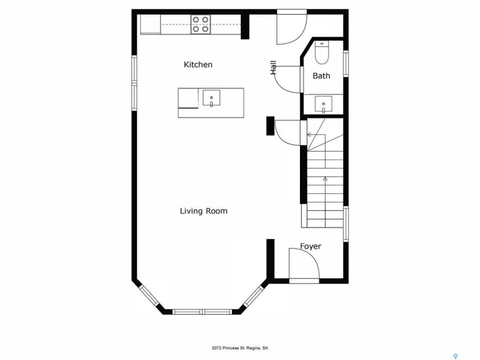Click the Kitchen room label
pos(198,64)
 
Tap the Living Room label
pos(203,211)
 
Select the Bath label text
pos(321,75)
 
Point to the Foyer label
pos(310,246)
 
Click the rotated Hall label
pos(273,67)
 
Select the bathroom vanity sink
pos(323,104)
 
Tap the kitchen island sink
pos(211,98)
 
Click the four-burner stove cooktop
pos(200,24)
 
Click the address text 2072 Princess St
pos(239,348)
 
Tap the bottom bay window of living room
pos(201,312)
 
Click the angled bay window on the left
pos(149,295)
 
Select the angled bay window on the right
pos(253,296)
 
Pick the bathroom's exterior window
pos(345,63)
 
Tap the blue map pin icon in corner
pos(455,356)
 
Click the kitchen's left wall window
pos(134,83)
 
